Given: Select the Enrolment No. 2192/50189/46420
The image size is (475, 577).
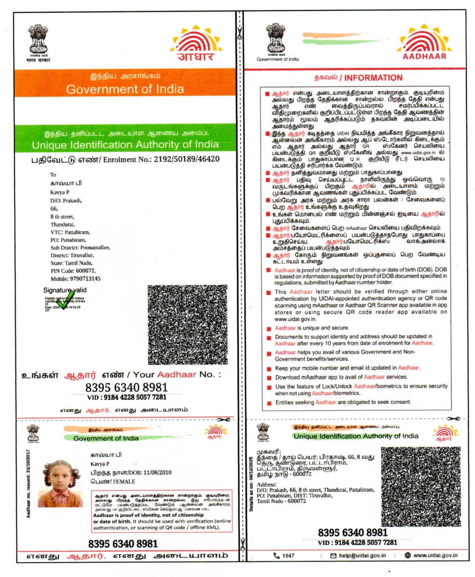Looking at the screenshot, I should [186, 159].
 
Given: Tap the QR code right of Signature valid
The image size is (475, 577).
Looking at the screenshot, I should [187, 324].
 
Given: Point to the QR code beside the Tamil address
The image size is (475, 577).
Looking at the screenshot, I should [421, 486].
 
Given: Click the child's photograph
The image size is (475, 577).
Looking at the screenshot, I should [60, 483].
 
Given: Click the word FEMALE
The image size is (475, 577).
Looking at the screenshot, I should [124, 481].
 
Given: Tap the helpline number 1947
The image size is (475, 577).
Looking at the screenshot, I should [288, 556].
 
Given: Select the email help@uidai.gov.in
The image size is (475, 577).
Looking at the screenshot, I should [362, 555].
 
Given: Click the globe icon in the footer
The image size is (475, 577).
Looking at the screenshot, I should [408, 555].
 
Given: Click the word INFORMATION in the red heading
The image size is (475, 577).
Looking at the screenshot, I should [373, 78].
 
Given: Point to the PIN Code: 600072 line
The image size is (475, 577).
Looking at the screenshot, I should [73, 271].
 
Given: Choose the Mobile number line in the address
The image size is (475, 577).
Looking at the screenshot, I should [76, 279].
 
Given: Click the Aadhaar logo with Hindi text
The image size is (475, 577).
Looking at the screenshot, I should [196, 43].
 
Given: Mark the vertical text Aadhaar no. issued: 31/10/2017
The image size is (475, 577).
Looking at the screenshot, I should [28, 484].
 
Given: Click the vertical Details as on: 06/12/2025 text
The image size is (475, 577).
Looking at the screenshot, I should [251, 484].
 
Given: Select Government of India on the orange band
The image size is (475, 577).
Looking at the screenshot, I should [125, 89].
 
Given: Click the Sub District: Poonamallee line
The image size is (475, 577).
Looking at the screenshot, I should [80, 248].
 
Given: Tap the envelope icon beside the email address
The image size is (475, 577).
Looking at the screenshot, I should [333, 556].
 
